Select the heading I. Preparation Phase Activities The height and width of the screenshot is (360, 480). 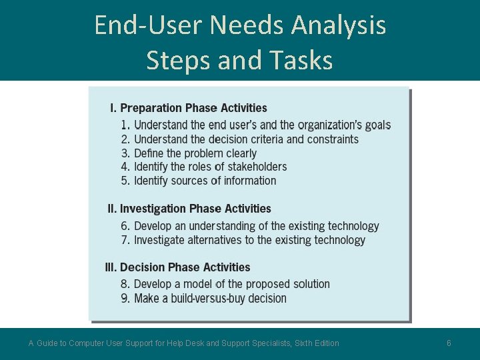pos(189,108)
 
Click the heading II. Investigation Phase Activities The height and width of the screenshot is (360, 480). pos(189,209)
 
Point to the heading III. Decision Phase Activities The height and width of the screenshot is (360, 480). pos(178,267)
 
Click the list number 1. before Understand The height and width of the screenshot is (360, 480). pos(126,125)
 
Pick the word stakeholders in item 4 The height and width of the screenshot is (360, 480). pos(256,167)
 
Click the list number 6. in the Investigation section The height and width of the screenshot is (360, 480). pos(126,227)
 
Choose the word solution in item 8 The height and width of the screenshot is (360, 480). pos(308,284)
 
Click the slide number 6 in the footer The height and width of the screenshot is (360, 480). pos(449,343)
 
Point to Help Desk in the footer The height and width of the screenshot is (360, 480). pos(185,343)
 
